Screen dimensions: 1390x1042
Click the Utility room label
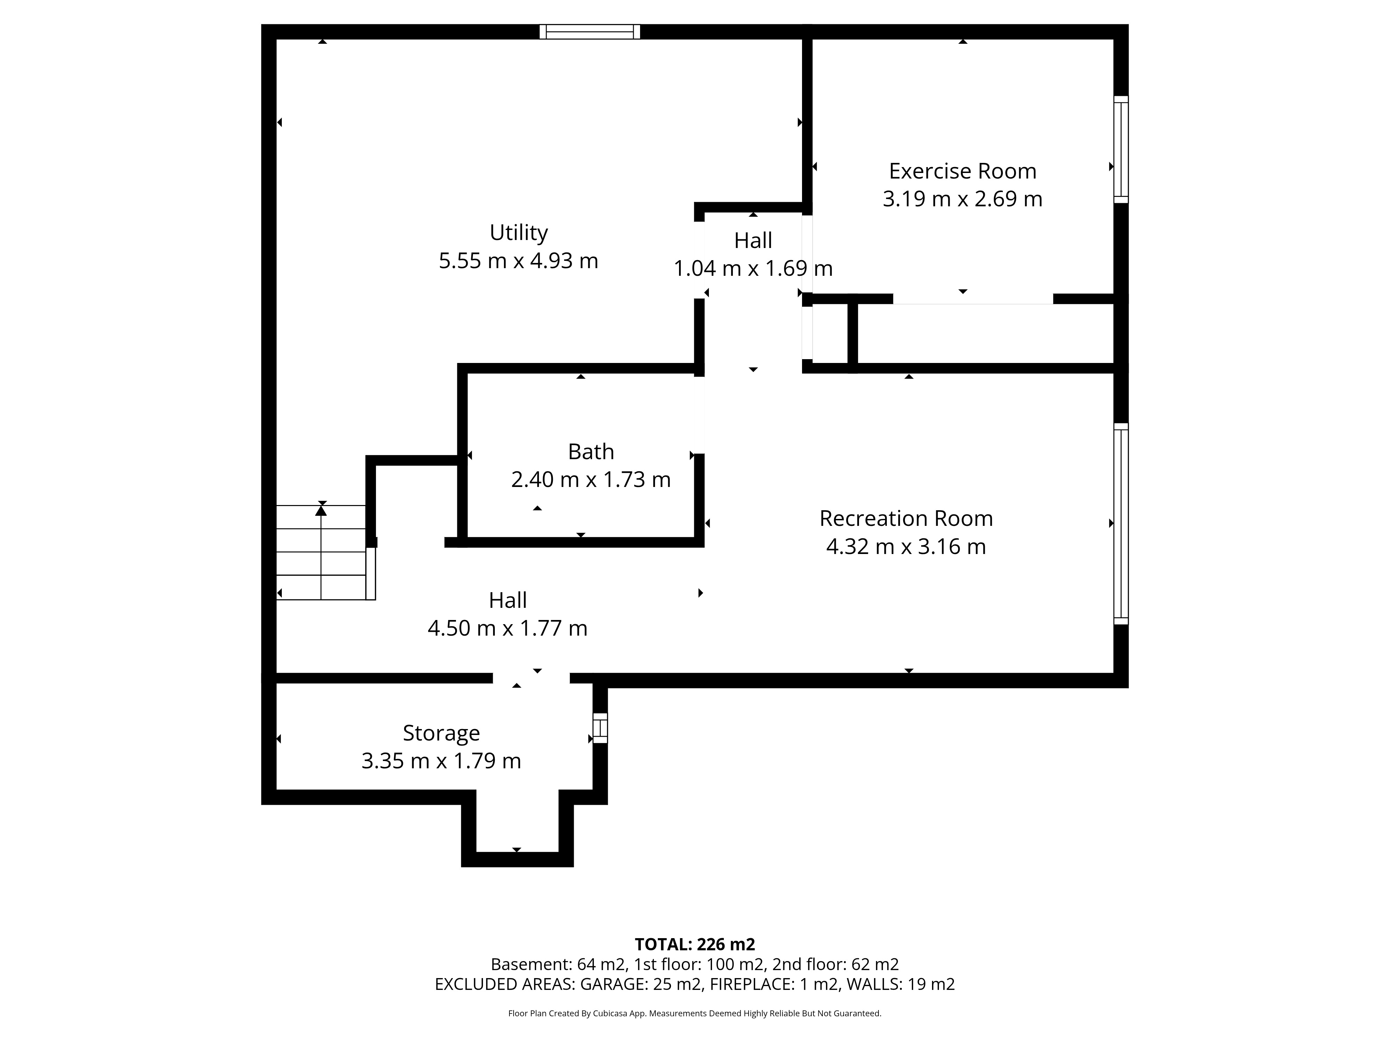pyautogui.click(x=518, y=233)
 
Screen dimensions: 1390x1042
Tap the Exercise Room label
pyautogui.click(x=962, y=171)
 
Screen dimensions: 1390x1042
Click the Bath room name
pyautogui.click(x=591, y=452)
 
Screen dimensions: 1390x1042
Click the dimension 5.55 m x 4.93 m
pyautogui.click(x=518, y=260)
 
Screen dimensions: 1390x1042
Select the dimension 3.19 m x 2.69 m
pyautogui.click(x=962, y=198)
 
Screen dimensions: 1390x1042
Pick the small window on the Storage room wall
pyautogui.click(x=600, y=728)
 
